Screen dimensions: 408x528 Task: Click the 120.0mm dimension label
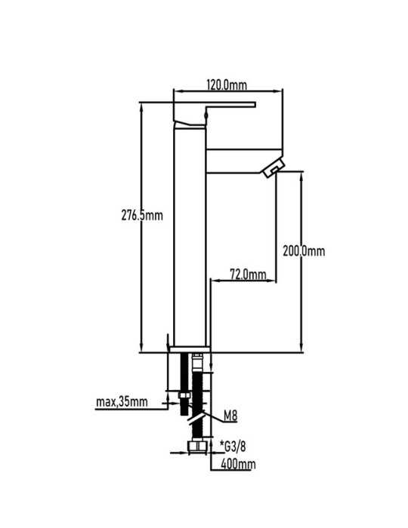click(x=227, y=84)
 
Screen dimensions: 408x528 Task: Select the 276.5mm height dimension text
click(x=142, y=215)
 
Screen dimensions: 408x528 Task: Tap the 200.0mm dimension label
click(x=304, y=251)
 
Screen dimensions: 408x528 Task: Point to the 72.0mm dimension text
click(x=248, y=274)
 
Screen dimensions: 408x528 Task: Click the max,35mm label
click(x=122, y=402)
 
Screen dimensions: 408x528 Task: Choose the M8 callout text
click(x=230, y=416)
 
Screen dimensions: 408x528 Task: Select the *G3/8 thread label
click(x=233, y=447)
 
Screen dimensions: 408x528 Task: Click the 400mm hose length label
click(x=238, y=464)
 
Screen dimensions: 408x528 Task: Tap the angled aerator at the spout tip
click(x=274, y=167)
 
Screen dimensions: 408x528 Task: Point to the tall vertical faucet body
click(x=190, y=235)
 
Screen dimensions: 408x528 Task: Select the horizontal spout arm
click(x=243, y=161)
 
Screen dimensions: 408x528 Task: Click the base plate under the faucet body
click(x=190, y=349)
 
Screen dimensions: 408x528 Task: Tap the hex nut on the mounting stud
click(x=184, y=395)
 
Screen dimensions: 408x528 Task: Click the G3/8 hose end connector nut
click(x=196, y=446)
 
